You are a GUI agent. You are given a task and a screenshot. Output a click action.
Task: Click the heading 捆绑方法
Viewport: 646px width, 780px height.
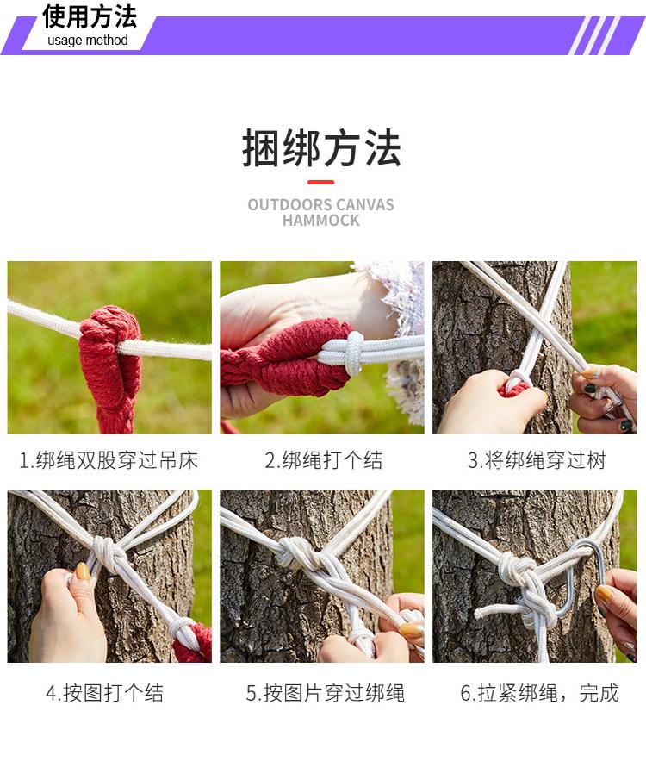321,147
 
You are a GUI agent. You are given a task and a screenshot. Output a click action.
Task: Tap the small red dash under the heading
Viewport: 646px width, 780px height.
320,182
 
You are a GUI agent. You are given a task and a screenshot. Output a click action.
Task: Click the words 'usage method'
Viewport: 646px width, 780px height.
88,41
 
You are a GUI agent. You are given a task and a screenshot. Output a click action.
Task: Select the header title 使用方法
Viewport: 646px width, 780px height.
89,16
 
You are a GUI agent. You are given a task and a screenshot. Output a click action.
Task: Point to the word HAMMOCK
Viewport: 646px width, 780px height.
320,221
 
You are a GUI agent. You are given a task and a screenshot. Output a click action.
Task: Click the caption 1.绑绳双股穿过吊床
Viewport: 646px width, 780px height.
109,460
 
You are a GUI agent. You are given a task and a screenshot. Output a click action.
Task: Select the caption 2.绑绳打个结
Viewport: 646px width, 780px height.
323,460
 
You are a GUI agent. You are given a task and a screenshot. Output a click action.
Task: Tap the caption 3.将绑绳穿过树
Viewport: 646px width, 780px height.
537,460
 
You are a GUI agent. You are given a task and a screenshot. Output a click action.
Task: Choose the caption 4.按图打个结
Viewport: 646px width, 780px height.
104,693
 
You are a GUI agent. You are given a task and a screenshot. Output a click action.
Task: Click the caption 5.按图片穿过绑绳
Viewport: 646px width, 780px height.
326,693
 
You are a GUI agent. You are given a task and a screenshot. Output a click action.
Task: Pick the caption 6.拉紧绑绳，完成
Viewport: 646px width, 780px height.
539,693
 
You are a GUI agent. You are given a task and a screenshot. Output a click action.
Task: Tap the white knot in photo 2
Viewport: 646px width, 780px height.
355,353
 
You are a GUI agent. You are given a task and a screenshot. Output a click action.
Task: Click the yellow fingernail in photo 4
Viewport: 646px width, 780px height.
83,572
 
